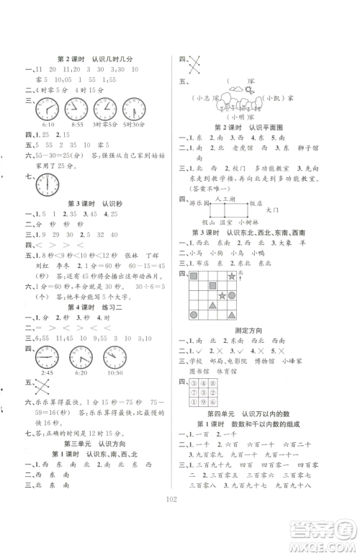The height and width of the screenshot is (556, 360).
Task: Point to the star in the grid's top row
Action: point(251,277)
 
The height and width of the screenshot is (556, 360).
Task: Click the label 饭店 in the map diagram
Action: point(276,203)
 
